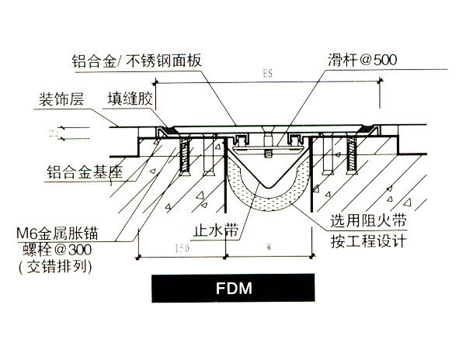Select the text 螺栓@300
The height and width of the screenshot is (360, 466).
pyautogui.click(x=67, y=250)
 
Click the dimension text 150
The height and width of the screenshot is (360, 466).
pyautogui.click(x=181, y=250)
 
